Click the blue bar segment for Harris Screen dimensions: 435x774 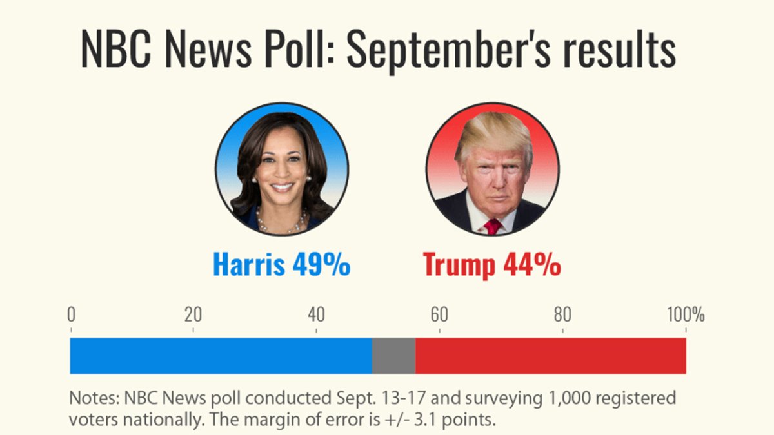pos(221,356)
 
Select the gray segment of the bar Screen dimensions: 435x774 pos(393,356)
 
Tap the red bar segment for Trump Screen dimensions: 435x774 pos(550,356)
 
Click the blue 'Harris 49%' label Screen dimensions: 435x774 pos(281,265)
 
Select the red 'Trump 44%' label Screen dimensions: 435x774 pos(491,265)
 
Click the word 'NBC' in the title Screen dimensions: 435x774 pos(114,50)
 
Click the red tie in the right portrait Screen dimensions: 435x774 pos(493,226)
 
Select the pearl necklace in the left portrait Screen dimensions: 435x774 pos(281,223)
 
